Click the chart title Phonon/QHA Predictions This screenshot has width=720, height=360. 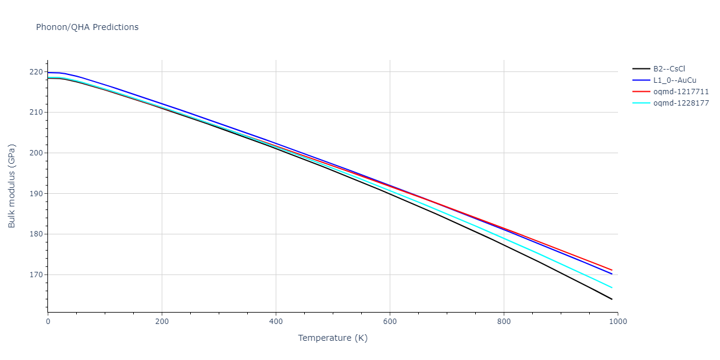[x=87, y=27]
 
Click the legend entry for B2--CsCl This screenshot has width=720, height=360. [x=669, y=69]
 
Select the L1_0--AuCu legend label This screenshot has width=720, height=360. [x=674, y=80]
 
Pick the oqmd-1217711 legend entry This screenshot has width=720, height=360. [x=680, y=92]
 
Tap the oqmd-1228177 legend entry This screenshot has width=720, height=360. [x=680, y=103]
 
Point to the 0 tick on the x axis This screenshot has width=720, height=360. [x=48, y=322]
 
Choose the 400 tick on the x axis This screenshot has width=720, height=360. [x=276, y=322]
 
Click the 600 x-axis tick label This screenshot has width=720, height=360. [x=390, y=322]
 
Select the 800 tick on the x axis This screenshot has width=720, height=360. [x=504, y=322]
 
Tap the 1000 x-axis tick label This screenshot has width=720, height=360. [x=618, y=322]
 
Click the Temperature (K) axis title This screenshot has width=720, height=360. [x=332, y=338]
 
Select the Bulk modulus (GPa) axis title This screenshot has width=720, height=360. [x=12, y=186]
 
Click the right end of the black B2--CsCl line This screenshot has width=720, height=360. [x=612, y=299]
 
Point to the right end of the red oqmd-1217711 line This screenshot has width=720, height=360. [x=612, y=270]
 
